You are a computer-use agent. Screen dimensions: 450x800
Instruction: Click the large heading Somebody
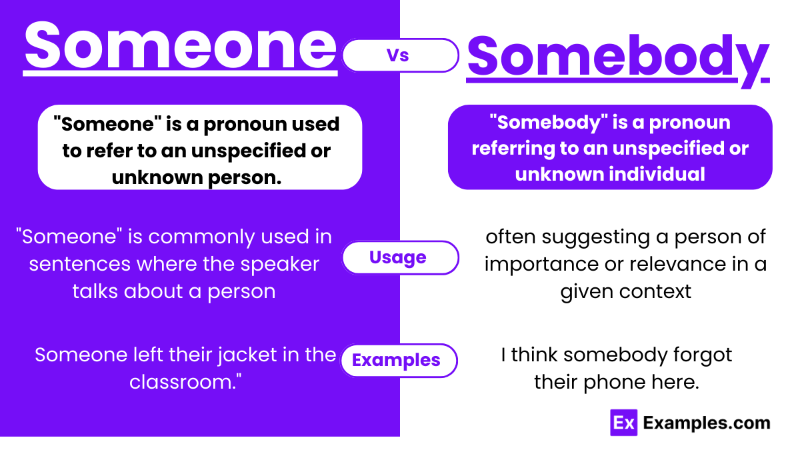(x=617, y=56)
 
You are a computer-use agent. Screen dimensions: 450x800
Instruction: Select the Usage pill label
(x=398, y=257)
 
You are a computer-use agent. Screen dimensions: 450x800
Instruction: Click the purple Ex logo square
(x=623, y=423)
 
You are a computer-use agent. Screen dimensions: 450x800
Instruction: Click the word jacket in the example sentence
(x=245, y=355)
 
